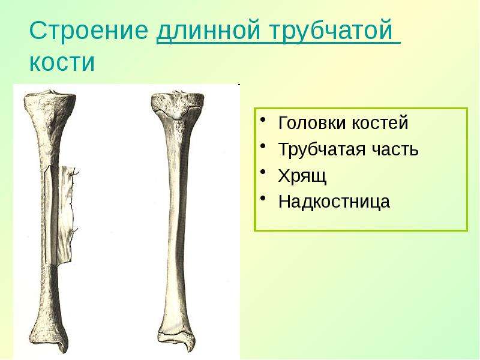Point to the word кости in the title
[x=62, y=63]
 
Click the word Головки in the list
[x=312, y=123]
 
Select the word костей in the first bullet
[x=380, y=123]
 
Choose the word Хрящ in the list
[x=302, y=176]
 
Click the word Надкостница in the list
[x=334, y=202]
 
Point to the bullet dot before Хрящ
[x=262, y=172]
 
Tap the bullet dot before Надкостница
[x=262, y=198]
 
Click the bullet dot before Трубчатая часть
[x=262, y=146]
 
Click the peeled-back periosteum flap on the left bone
[x=65, y=214]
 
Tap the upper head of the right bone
[x=177, y=104]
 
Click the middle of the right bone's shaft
[x=176, y=220]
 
